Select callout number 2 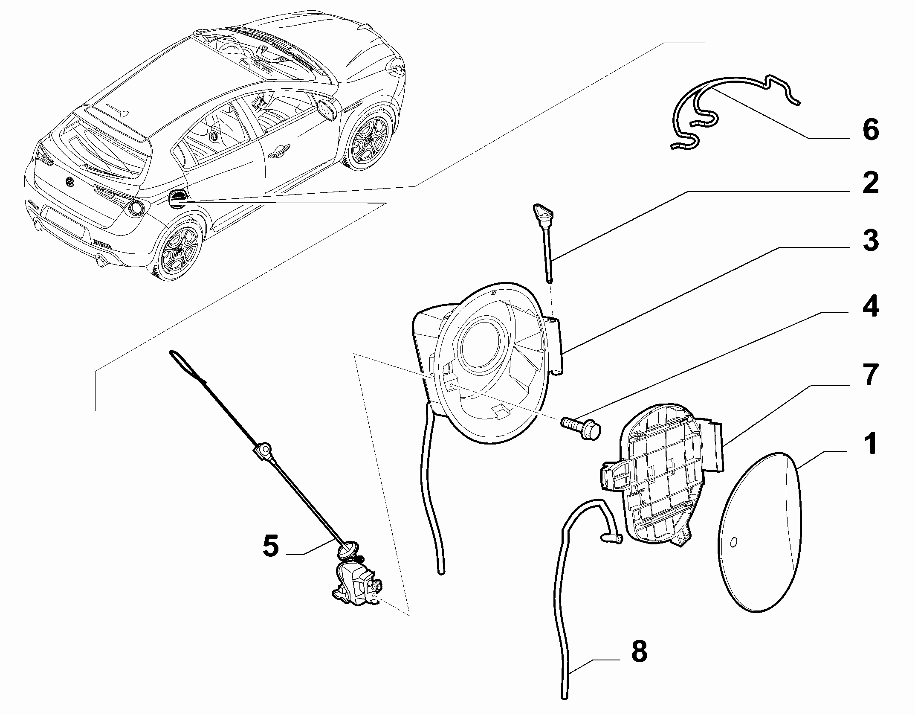pyautogui.click(x=870, y=183)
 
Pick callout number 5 pyautogui.click(x=271, y=546)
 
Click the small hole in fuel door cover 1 pyautogui.click(x=733, y=542)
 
